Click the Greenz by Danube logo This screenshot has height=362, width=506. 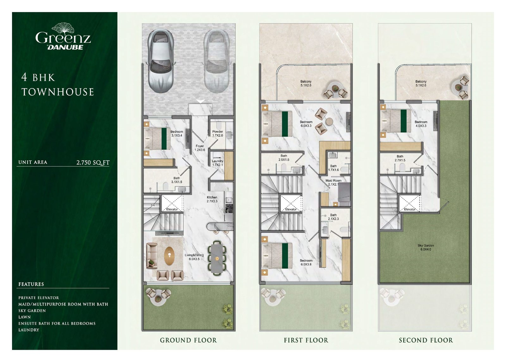(63, 37)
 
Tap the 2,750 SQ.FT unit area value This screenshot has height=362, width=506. (93, 162)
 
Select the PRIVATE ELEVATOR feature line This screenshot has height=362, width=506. (39, 298)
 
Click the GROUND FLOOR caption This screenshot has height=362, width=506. (188, 340)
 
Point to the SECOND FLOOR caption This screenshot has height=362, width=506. (426, 340)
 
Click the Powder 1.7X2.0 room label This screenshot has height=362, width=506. (218, 133)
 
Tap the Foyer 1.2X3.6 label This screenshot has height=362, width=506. (200, 148)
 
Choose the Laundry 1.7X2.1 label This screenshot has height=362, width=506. (218, 163)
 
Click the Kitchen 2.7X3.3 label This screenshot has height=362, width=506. (212, 199)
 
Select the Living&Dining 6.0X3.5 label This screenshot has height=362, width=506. (194, 257)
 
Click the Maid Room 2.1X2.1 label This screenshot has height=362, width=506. (333, 182)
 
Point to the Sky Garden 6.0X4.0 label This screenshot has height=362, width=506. (426, 247)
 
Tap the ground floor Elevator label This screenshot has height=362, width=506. (172, 209)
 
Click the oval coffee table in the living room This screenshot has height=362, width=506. (169, 256)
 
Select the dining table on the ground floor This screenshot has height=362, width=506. (217, 258)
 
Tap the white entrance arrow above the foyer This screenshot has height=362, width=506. (201, 101)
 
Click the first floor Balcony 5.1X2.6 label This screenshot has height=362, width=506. (306, 83)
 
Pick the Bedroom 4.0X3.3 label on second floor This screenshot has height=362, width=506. (421, 124)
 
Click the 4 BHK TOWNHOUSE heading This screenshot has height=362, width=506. (58, 85)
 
